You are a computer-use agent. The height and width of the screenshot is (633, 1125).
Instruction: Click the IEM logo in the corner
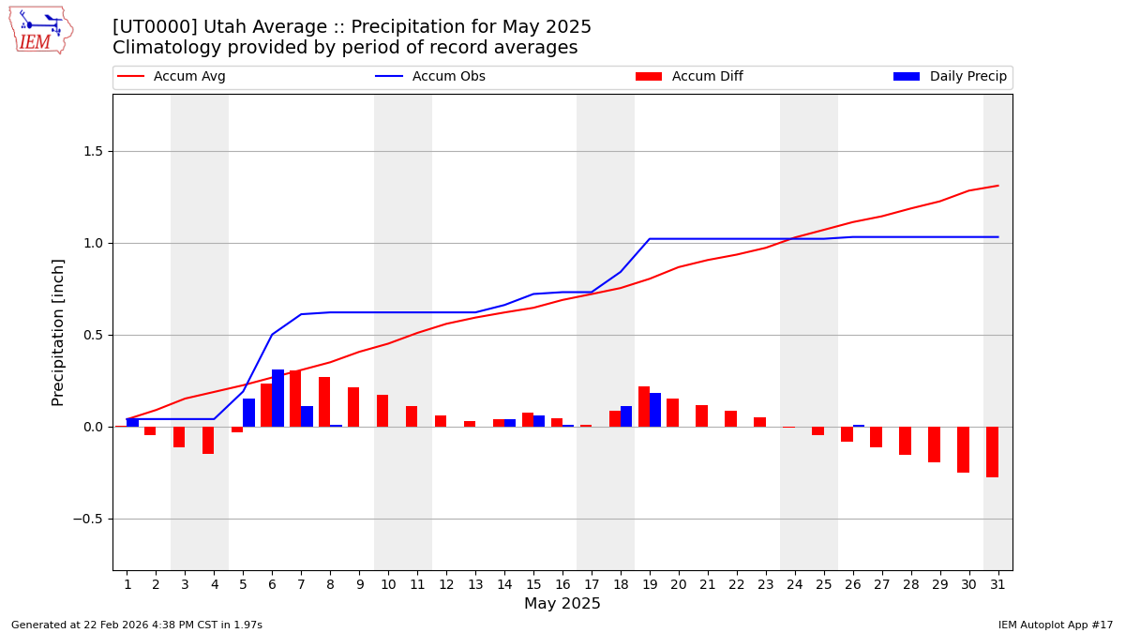pyautogui.click(x=40, y=30)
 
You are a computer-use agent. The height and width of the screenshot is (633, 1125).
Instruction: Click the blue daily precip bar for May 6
pyautogui.click(x=278, y=399)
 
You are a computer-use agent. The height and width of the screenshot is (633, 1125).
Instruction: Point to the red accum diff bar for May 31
pyautogui.click(x=992, y=452)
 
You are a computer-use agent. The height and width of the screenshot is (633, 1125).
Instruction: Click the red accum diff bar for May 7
pyautogui.click(x=295, y=399)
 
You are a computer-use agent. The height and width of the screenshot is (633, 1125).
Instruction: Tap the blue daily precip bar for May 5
pyautogui.click(x=248, y=413)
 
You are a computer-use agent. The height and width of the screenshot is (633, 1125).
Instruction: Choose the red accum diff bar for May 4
pyautogui.click(x=208, y=441)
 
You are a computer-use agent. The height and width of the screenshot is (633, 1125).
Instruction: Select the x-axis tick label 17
pyautogui.click(x=592, y=585)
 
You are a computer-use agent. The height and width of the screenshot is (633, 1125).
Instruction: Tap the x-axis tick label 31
pyautogui.click(x=997, y=585)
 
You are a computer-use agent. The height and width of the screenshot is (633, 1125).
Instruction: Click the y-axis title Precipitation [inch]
pyautogui.click(x=58, y=332)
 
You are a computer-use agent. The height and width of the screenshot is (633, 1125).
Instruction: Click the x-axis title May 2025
pyautogui.click(x=562, y=605)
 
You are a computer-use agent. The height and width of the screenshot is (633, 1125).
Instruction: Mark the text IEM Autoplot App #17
pyautogui.click(x=1056, y=625)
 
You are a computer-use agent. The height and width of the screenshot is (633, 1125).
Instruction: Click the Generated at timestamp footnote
pyautogui.click(x=137, y=625)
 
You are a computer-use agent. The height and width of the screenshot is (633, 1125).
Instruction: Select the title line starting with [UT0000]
pyautogui.click(x=352, y=27)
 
